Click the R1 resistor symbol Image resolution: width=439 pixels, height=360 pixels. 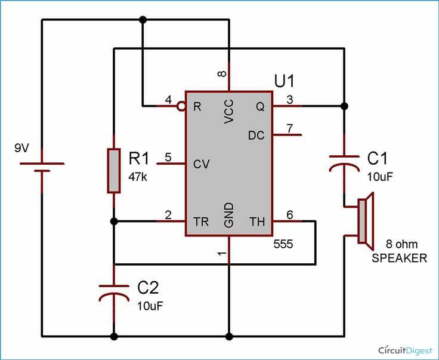tap(114, 171)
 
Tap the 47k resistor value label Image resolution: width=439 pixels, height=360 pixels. tap(138, 177)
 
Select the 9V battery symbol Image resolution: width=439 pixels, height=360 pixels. tap(42, 167)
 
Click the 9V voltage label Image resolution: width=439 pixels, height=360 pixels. tap(21, 147)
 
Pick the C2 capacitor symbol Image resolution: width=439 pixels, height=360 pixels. tap(114, 293)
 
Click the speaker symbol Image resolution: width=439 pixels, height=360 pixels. tap(366, 221)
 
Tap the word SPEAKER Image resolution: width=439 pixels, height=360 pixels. tap(399, 258)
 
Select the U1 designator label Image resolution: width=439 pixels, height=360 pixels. tap(284, 81)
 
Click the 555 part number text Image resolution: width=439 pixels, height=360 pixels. tap(283, 244)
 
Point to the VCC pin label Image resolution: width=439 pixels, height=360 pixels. tap(228, 111)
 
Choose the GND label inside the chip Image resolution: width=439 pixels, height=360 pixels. tap(228, 214)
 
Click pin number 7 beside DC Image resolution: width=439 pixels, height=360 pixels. tap(289, 128)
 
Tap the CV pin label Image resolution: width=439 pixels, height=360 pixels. tap(201, 164)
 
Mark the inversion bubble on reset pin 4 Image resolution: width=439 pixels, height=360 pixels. tap(181, 106)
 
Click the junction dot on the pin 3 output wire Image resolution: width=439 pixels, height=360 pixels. tap(344, 106)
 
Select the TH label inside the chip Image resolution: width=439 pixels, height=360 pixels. tap(257, 221)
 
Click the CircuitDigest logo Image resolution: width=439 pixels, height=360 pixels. tap(406, 350)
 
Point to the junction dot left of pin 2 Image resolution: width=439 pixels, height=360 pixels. tap(114, 221)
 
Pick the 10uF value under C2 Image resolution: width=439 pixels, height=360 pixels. tap(150, 306)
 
